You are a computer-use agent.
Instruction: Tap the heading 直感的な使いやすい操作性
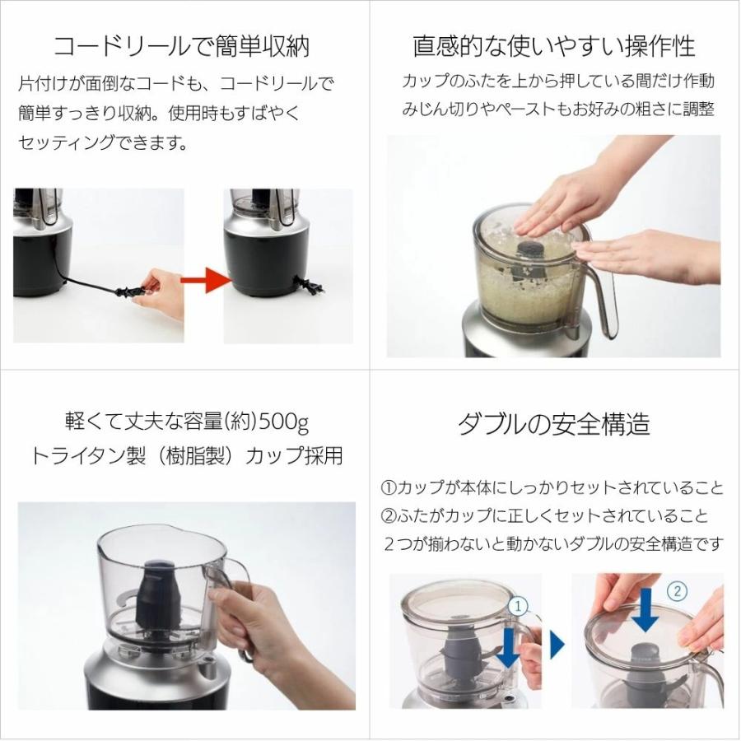[553, 45]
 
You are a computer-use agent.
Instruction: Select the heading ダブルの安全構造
[553, 423]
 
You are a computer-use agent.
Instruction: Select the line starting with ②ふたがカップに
[543, 516]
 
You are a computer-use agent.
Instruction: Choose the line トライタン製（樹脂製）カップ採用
[186, 456]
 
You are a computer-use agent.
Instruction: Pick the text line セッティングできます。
[103, 143]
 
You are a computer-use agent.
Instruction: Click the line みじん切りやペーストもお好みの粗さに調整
[557, 109]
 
